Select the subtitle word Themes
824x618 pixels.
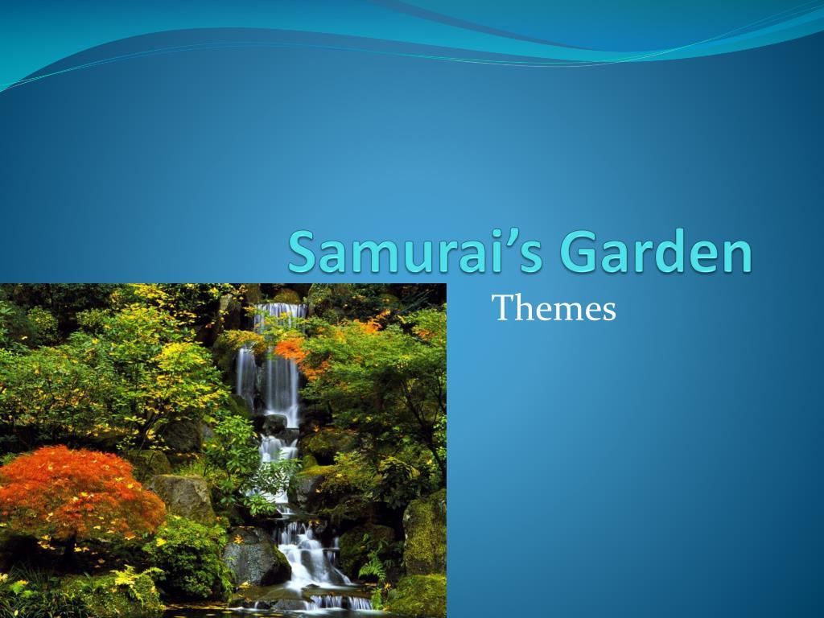(x=554, y=308)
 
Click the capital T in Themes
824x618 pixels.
(x=502, y=307)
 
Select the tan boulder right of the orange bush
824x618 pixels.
(x=180, y=496)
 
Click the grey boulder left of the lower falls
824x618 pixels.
(x=254, y=555)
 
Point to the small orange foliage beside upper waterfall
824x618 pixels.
(x=291, y=350)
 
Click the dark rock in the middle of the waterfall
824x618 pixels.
(x=275, y=423)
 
